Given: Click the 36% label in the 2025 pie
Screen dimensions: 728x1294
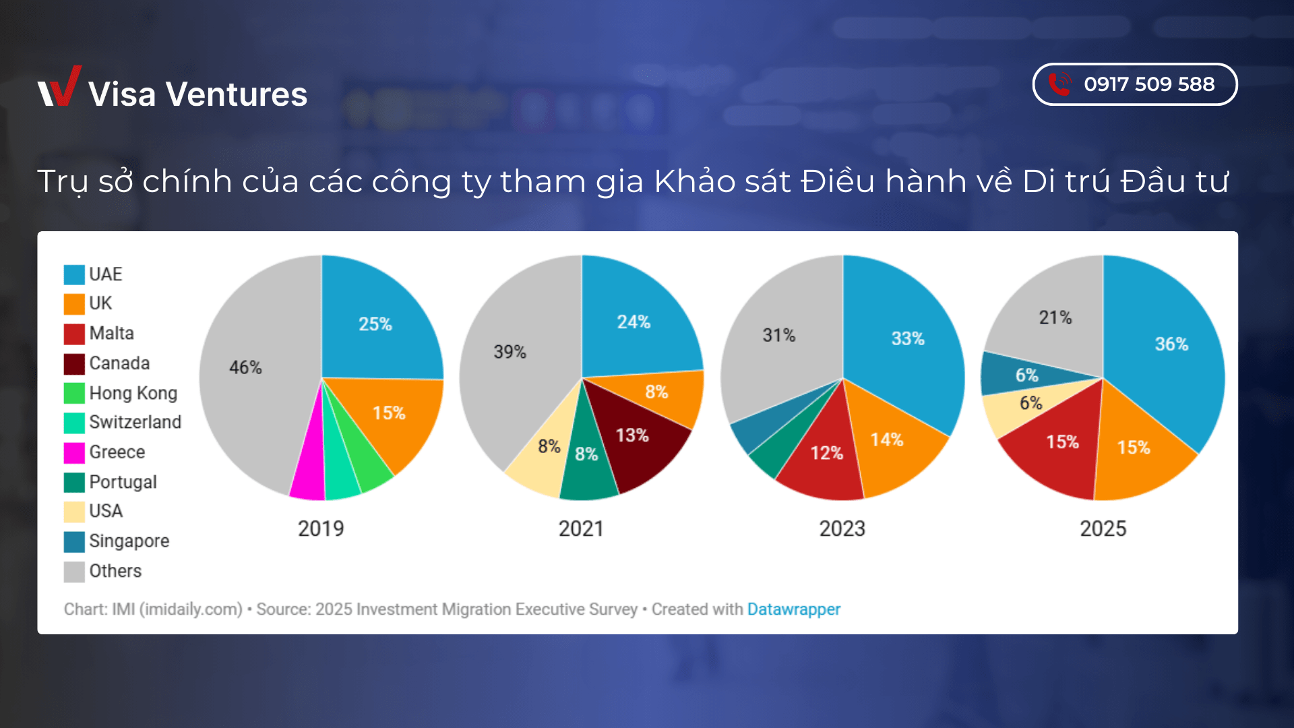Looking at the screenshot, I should click(1171, 344).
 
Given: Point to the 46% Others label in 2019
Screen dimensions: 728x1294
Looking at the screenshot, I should click(245, 367).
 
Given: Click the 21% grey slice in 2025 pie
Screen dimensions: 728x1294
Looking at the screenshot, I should click(1055, 317).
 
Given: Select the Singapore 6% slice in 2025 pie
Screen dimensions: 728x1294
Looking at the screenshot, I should click(1026, 375).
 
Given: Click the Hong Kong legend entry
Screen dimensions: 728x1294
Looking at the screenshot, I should click(133, 393).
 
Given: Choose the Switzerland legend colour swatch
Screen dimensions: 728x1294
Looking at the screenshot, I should click(74, 423).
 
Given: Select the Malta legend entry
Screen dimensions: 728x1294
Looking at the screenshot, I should click(111, 334).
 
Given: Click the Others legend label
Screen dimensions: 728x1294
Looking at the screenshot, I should click(115, 571).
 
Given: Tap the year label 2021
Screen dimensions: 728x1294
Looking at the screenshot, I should click(581, 528).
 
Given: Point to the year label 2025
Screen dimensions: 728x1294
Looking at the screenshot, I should click(1103, 528).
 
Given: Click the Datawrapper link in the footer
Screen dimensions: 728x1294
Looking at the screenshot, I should click(793, 609).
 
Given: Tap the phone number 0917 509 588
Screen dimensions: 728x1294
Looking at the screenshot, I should click(1148, 84).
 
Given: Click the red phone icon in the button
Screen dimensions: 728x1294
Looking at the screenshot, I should click(1059, 84).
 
